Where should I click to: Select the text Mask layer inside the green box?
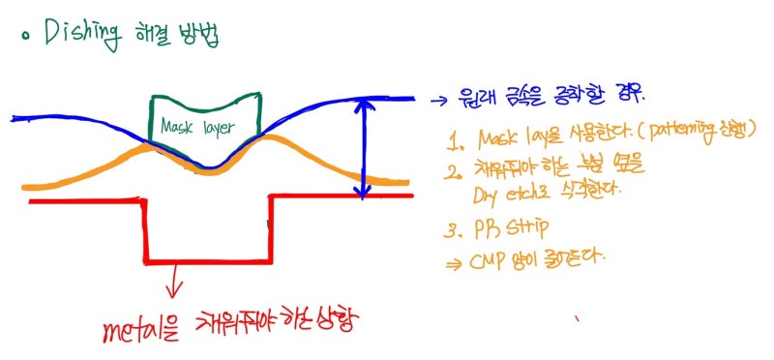[x=204, y=127]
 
